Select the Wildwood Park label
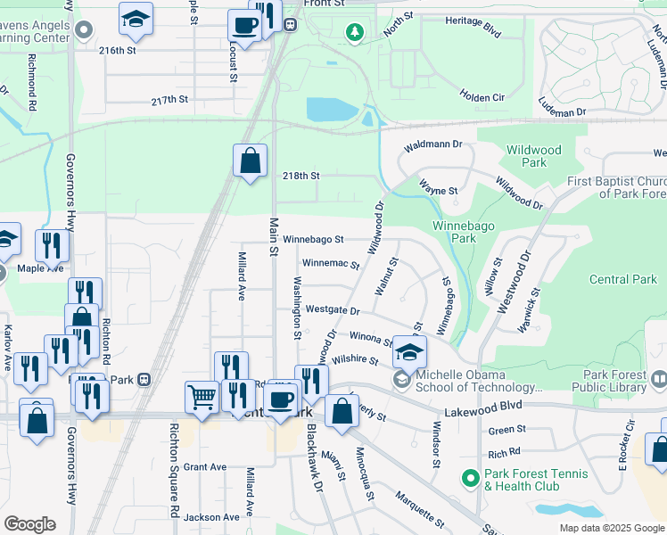[x=526, y=157]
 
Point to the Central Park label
[x=623, y=279]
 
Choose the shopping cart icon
[x=202, y=396]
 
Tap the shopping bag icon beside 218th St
[x=251, y=161]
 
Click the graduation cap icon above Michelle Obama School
[x=409, y=351]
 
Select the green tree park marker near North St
[x=356, y=33]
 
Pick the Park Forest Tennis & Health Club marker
[x=470, y=479]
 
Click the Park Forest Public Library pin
[x=658, y=380]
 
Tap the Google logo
[x=30, y=524]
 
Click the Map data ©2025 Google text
[x=611, y=528]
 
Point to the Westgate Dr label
[x=332, y=310]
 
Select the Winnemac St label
[x=330, y=264]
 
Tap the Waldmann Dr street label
[x=433, y=144]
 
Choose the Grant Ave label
[x=206, y=466]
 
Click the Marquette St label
[x=419, y=509]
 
